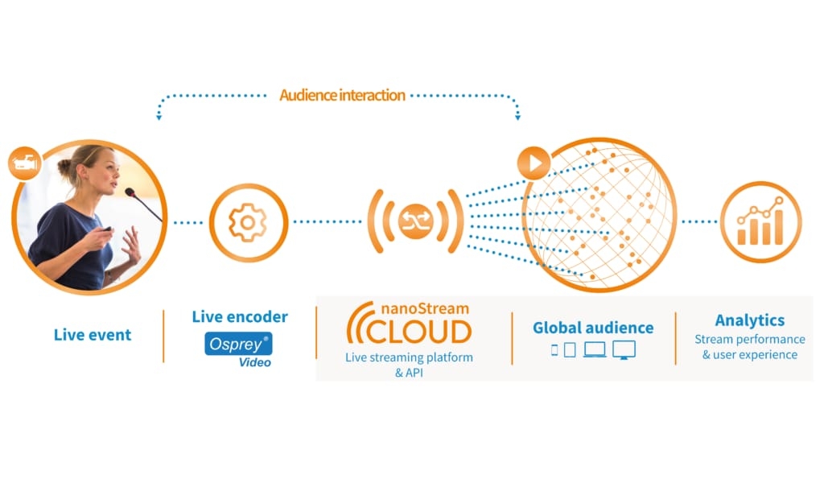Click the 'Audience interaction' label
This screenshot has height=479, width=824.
click(x=342, y=95)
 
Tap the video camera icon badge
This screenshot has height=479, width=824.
click(x=24, y=161)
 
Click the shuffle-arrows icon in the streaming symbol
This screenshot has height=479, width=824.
click(x=415, y=221)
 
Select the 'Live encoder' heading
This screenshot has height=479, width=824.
click(x=240, y=316)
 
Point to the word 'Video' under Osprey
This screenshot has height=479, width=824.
click(x=254, y=362)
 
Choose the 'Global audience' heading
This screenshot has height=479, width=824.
click(x=593, y=328)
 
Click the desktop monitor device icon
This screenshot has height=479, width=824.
click(x=624, y=349)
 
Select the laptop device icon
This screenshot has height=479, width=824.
click(x=595, y=349)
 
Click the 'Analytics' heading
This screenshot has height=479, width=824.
click(x=749, y=320)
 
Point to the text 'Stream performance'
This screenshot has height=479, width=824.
click(x=749, y=339)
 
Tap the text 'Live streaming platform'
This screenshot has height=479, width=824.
click(x=409, y=357)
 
